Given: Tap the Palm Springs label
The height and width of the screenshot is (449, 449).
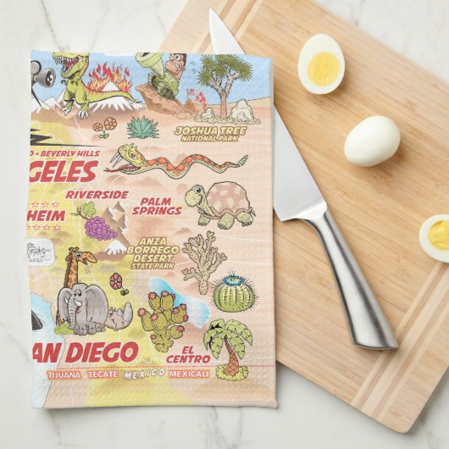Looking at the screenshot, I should coord(162,205).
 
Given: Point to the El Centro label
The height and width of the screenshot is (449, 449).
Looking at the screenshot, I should coord(183,352).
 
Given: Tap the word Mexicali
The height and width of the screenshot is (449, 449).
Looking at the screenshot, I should coord(188,374).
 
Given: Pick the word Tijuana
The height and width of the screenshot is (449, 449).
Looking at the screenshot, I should coord(65,374).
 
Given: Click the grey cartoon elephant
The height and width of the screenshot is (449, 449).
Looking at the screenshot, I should coord(82,307).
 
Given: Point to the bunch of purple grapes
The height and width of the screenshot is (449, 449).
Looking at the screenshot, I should coord(100,227).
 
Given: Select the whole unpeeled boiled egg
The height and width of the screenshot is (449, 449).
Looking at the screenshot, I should coord(372,140).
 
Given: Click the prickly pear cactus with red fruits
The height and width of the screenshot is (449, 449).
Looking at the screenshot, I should coord(162,318).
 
